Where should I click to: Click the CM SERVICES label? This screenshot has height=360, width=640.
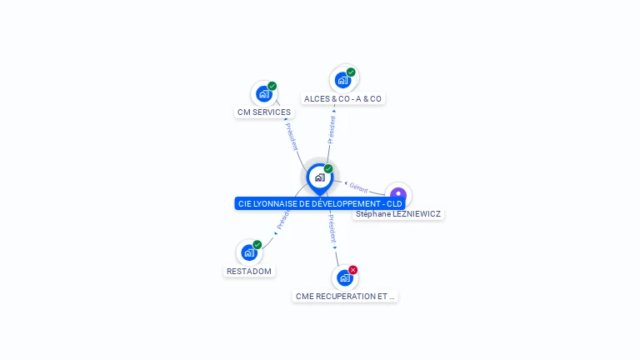(264, 112)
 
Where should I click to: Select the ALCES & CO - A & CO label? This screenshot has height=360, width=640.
(342, 98)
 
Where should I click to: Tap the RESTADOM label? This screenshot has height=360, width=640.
(249, 271)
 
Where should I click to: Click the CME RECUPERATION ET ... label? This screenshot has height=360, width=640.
(345, 296)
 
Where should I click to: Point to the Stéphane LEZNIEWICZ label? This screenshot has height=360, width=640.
(398, 214)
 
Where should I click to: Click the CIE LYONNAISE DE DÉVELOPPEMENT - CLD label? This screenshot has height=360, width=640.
(320, 203)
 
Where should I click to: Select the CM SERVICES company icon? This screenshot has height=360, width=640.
(264, 93)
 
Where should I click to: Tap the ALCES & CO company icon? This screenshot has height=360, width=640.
(342, 80)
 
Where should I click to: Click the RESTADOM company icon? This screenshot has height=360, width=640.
(249, 252)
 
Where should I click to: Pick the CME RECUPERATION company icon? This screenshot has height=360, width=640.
(345, 277)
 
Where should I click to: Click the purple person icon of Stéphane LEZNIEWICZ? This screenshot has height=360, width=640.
(398, 195)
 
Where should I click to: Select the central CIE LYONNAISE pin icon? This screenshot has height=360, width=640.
(319, 177)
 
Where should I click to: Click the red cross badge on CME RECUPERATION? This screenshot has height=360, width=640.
(353, 270)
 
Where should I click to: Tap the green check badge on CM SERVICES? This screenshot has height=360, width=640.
(272, 86)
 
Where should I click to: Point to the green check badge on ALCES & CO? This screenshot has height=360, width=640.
(351, 72)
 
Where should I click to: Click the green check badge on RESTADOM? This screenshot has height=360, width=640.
(257, 245)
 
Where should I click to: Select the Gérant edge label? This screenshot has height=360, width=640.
(359, 187)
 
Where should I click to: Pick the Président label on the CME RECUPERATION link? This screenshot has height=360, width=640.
(332, 227)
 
